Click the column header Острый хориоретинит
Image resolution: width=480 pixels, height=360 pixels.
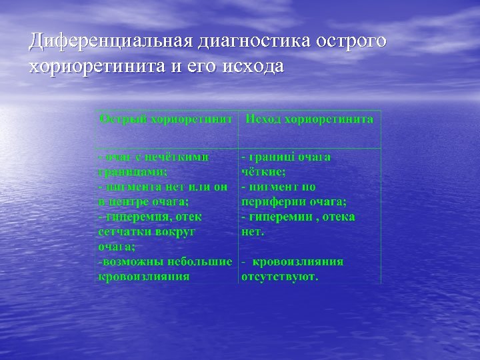click(166, 119)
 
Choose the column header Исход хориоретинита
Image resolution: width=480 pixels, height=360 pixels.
click(309, 119)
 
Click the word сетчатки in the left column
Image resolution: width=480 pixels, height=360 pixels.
click(126, 231)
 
